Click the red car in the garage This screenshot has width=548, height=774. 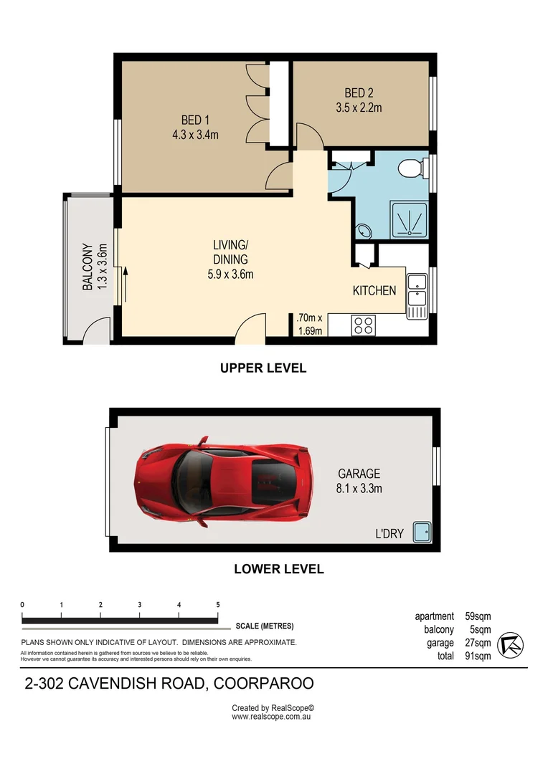point(223,479)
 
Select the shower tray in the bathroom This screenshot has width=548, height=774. point(410,219)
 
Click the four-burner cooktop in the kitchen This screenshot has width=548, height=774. point(363,325)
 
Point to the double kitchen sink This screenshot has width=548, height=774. point(417,294)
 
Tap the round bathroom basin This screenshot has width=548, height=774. point(364,231)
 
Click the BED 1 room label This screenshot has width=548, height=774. point(195,127)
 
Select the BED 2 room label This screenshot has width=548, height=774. point(359,100)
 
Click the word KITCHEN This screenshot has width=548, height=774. point(374,290)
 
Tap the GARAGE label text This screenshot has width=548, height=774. point(359,481)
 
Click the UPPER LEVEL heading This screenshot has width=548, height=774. point(263,368)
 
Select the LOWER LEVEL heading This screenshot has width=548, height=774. point(279,570)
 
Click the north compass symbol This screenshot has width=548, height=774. point(511,644)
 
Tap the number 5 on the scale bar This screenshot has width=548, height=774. point(217,605)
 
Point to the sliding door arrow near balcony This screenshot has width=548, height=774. point(125,281)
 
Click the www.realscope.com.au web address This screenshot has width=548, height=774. point(273,716)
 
